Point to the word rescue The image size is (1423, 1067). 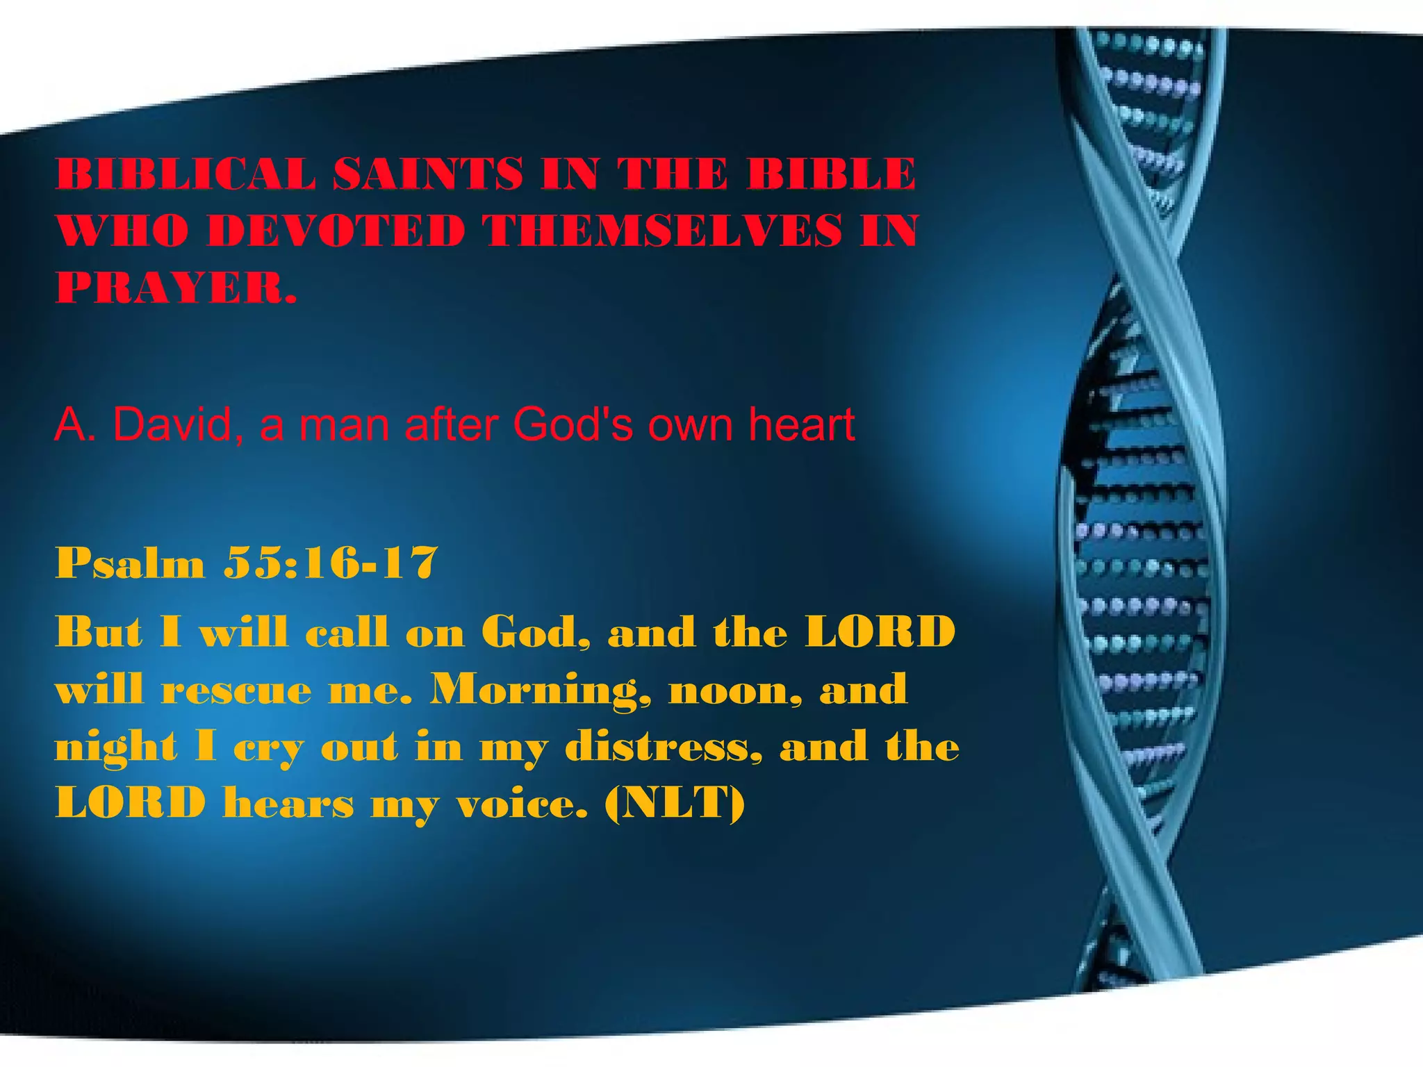(236, 690)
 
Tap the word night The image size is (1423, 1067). (116, 749)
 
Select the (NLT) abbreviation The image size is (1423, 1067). (675, 804)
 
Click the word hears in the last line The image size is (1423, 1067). (288, 804)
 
